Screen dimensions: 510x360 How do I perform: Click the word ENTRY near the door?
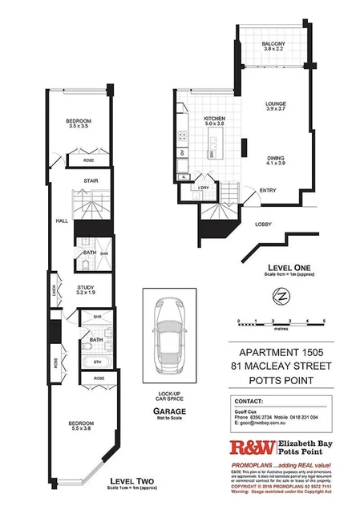click(x=268, y=190)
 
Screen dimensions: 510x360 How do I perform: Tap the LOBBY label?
click(x=264, y=225)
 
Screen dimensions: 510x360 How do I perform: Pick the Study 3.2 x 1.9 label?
click(x=87, y=290)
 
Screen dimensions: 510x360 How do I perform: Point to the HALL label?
click(x=61, y=220)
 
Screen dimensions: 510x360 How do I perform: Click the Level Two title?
click(x=130, y=481)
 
